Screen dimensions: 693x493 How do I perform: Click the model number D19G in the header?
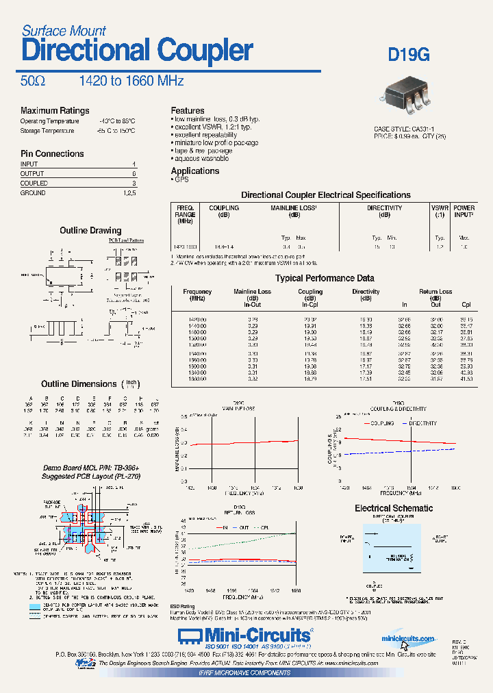[x=409, y=55]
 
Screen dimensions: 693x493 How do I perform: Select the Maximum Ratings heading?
[x=55, y=111]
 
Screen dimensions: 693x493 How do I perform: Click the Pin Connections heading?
[x=52, y=154]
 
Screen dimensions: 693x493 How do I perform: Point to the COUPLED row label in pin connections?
[x=34, y=184]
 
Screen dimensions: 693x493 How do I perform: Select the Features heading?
[x=188, y=110]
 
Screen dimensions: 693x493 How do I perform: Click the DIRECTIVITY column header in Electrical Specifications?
[x=384, y=208]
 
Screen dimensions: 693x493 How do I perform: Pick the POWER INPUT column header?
[x=464, y=211]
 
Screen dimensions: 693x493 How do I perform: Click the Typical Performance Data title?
[x=325, y=278]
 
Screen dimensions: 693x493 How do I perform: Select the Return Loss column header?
[x=435, y=292]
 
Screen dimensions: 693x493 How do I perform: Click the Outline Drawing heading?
[x=90, y=231]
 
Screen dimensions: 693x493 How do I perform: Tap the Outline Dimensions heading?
[x=79, y=384]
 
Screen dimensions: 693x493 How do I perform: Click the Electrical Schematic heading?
[x=393, y=508]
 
